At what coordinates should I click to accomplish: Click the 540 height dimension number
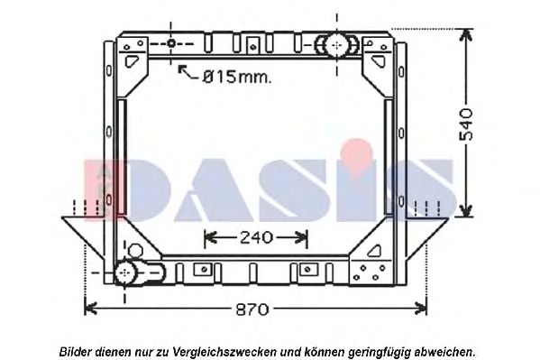click(x=465, y=122)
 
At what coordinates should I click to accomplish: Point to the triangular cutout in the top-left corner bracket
click(x=134, y=58)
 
